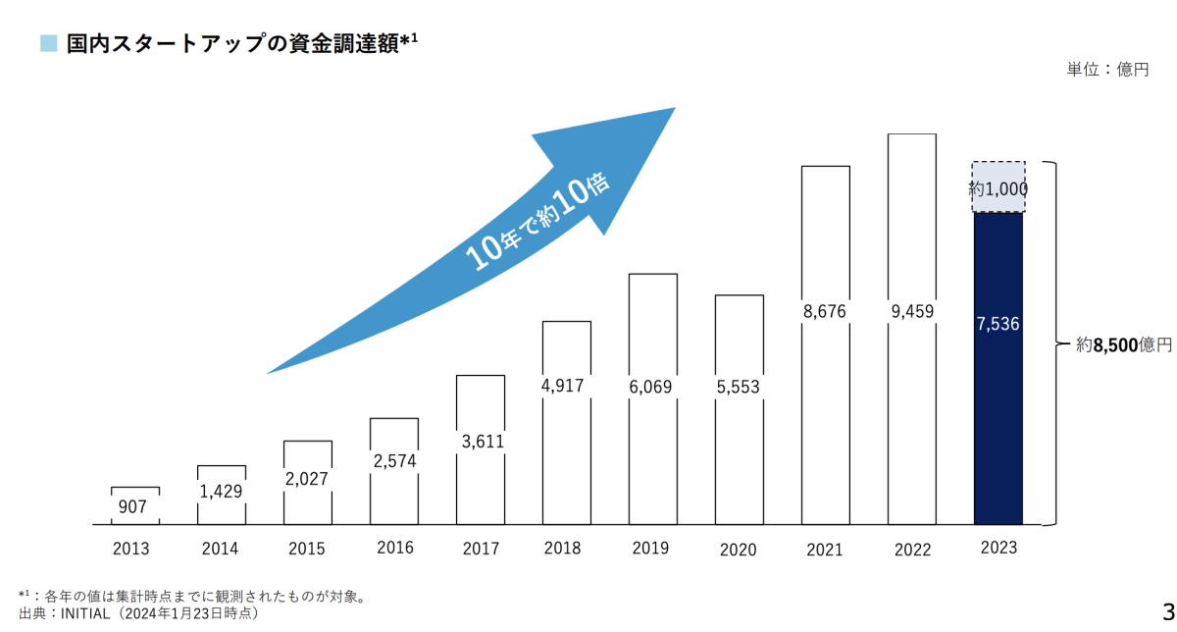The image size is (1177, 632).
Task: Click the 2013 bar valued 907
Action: click(134, 505)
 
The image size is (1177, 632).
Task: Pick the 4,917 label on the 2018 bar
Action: click(566, 386)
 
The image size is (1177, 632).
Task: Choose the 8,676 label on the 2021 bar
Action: click(825, 312)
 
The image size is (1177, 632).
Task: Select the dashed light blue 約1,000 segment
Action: click(998, 187)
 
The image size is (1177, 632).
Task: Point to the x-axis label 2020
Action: click(739, 550)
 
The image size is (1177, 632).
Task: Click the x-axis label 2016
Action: click(393, 548)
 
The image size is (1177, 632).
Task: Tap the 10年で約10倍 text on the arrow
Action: click(537, 223)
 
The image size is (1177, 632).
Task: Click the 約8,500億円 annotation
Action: click(1123, 344)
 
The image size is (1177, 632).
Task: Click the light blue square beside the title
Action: click(49, 43)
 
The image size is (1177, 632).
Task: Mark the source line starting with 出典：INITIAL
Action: click(137, 613)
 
